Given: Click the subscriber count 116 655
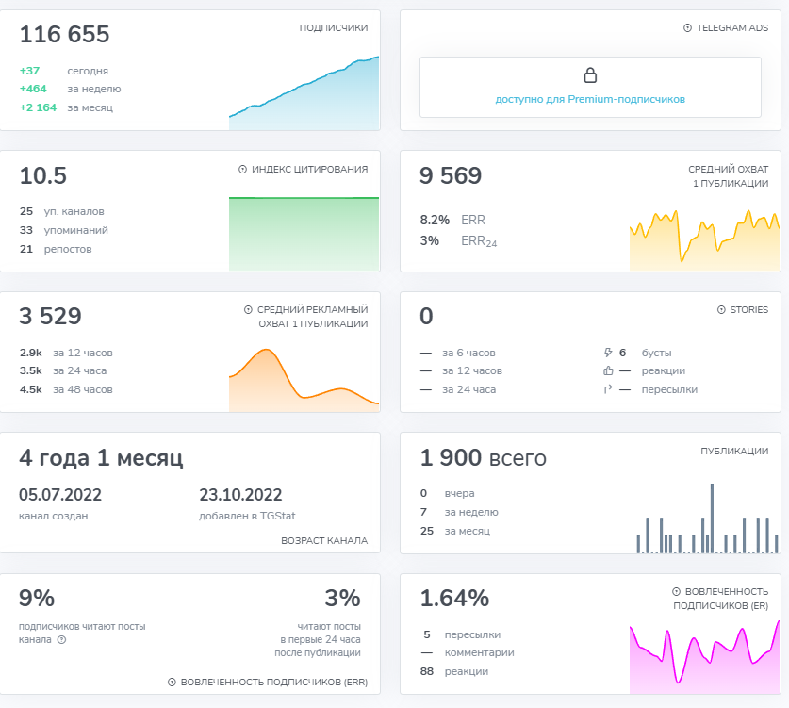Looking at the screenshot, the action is [x=64, y=34].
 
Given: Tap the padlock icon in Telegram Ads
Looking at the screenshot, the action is [x=590, y=75].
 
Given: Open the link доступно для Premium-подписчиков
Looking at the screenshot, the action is [x=590, y=99].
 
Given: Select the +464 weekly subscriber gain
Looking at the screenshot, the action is [x=33, y=89].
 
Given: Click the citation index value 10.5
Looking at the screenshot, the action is [x=42, y=175].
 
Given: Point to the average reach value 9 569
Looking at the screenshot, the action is [x=451, y=175].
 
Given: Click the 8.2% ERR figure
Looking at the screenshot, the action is [x=435, y=220].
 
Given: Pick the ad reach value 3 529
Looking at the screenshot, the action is [x=50, y=316].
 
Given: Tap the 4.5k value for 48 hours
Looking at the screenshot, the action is [x=31, y=389].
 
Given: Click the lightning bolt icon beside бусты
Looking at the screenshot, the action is [x=608, y=353].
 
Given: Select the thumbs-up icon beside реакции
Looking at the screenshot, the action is [x=608, y=370].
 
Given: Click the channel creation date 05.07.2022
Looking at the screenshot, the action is [x=60, y=495].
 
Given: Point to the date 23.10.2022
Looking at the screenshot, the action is [x=240, y=495].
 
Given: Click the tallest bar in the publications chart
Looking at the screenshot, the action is [x=712, y=519].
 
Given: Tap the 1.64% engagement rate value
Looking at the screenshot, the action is [x=454, y=599].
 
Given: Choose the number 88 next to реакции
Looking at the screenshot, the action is [x=427, y=671].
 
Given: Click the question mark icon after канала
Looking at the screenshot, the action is [x=61, y=640].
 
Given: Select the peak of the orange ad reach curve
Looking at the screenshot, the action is [x=266, y=349].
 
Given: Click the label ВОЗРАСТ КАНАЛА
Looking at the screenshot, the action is [x=324, y=540].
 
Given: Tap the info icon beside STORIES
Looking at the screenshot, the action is [x=721, y=310].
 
